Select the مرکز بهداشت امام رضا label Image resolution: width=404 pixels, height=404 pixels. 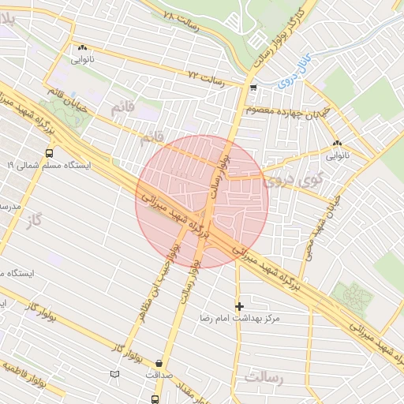pos(241,321)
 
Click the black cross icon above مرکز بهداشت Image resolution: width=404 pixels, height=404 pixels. pos(240,306)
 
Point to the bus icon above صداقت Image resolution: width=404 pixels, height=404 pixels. pos(160,361)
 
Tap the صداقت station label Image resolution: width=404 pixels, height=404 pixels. pos(160,375)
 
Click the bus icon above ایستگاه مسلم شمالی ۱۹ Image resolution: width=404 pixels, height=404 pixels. pos(50,153)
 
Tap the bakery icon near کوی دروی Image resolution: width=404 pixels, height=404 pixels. pos(337,143)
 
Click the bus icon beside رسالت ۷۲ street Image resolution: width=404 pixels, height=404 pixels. pos(252,88)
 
